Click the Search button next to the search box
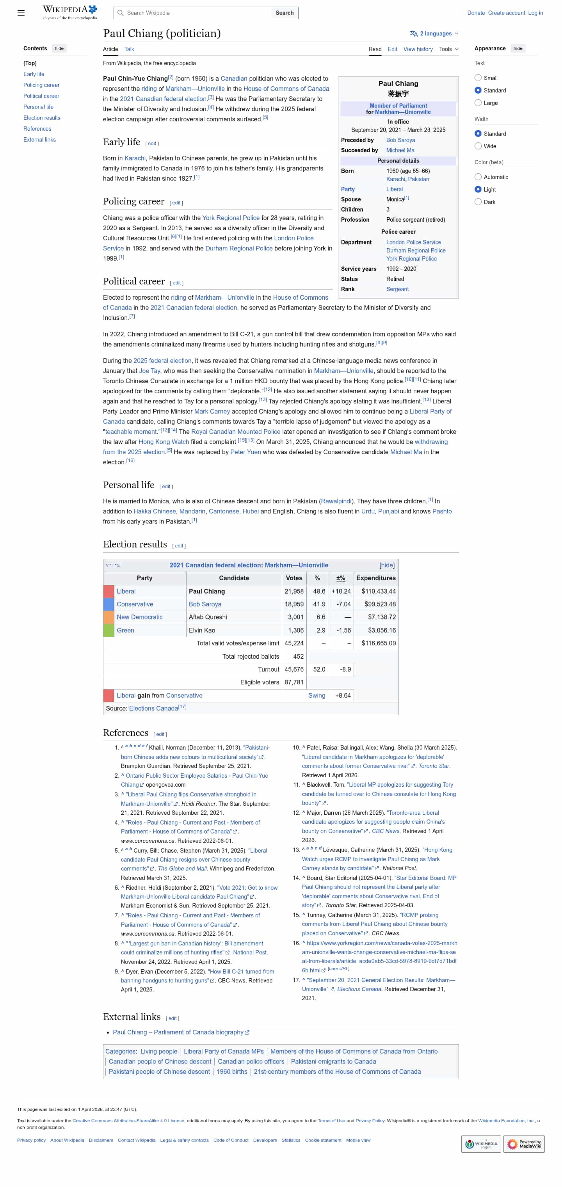pos(284,13)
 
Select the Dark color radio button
pos(478,202)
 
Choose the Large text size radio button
pos(478,103)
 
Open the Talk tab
pos(129,49)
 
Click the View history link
pos(418,49)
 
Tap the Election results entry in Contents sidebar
pos(42,118)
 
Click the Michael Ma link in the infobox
pos(400,150)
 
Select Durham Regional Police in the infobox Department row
pos(415,251)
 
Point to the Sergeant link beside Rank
pos(397,290)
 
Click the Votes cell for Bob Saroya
pos(293,604)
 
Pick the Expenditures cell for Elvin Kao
pos(378,630)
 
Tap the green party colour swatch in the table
pos(108,630)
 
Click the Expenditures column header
pos(376,578)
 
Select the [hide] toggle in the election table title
pos(386,565)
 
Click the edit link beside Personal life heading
pos(166,487)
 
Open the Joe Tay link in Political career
pos(149,371)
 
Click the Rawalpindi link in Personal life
pos(336,501)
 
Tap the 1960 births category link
pos(231,1072)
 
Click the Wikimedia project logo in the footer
pos(480,1144)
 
